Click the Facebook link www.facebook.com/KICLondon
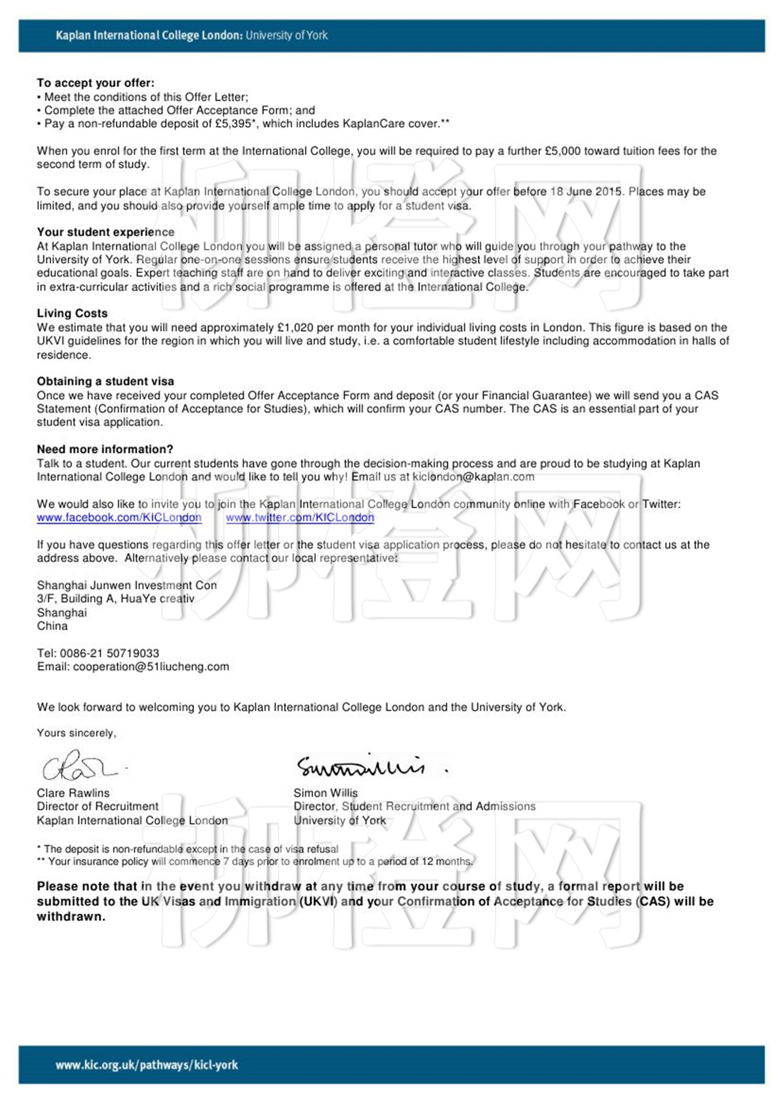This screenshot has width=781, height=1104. (x=119, y=518)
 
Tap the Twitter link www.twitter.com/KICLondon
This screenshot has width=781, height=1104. (x=300, y=518)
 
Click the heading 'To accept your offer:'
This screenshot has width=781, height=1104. (x=95, y=83)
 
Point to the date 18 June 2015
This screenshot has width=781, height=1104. (x=586, y=192)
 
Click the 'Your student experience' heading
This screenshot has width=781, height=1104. (x=105, y=232)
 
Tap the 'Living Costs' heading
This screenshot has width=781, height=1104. (x=72, y=313)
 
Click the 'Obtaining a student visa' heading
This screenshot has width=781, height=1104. (x=105, y=382)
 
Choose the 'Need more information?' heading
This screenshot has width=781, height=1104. (x=105, y=449)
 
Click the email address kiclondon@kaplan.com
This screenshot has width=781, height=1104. (x=473, y=477)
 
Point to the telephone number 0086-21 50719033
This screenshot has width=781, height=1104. (x=109, y=653)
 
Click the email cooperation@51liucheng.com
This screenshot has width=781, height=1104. (x=151, y=667)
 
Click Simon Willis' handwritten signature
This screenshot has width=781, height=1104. (x=363, y=766)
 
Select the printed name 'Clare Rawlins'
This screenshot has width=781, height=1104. (x=73, y=793)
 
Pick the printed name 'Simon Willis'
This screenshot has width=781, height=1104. (x=326, y=793)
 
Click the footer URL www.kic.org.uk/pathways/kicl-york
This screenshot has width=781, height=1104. (x=147, y=1065)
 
